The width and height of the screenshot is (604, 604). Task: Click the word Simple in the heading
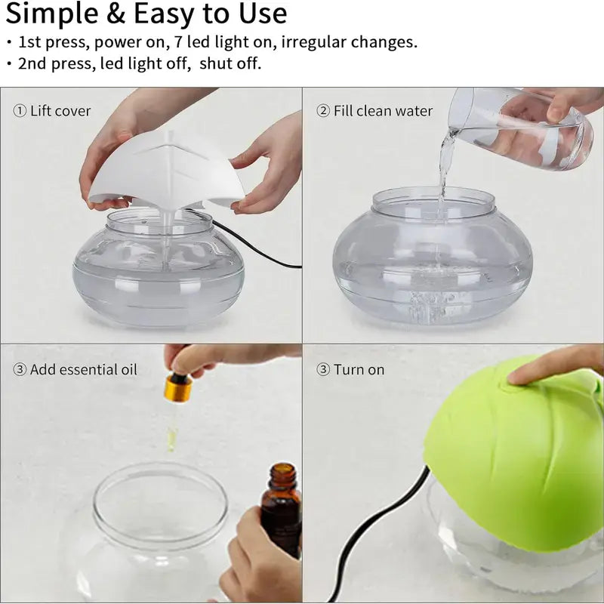(x=52, y=14)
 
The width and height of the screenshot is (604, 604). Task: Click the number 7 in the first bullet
(x=178, y=42)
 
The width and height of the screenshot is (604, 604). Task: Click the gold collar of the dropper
(x=177, y=388)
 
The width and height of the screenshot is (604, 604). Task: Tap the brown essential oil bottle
(x=281, y=508)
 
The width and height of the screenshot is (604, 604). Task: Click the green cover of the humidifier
(x=516, y=455)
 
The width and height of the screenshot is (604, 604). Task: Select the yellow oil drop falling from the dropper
(x=172, y=439)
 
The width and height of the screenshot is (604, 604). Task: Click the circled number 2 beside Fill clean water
(x=323, y=111)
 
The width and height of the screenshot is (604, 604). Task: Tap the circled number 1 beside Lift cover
(x=20, y=111)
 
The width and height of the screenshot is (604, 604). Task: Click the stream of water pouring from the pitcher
(x=444, y=165)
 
